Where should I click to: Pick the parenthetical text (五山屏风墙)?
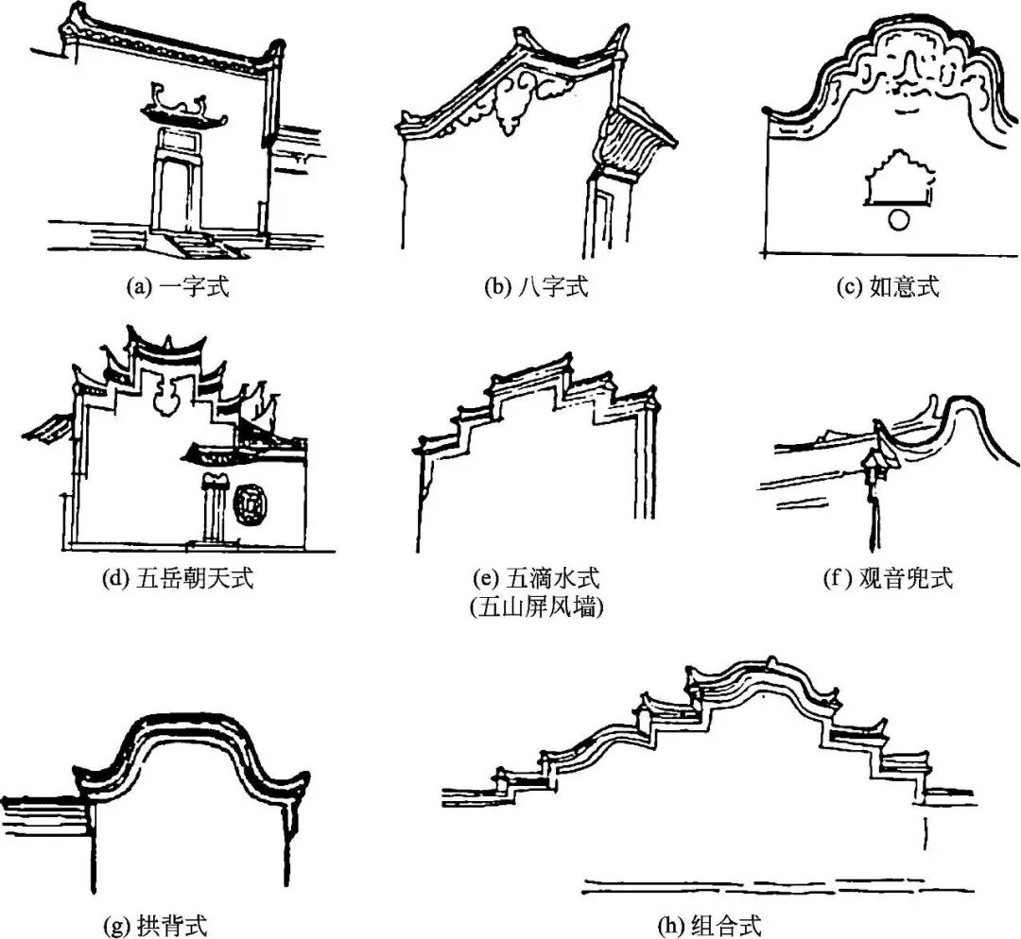pyautogui.click(x=537, y=607)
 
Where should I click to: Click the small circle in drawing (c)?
pyautogui.click(x=901, y=220)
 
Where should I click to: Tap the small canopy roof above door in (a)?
pyautogui.click(x=184, y=111)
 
